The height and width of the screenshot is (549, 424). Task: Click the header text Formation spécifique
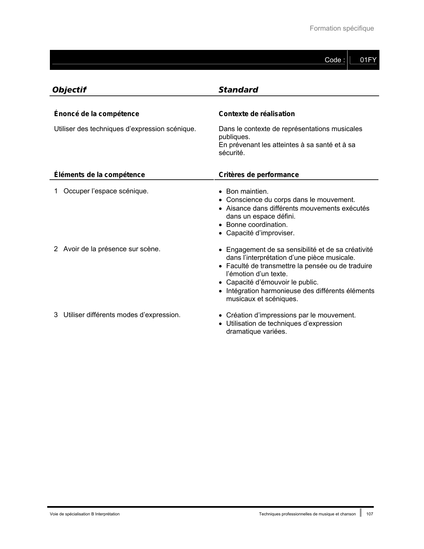point(342,28)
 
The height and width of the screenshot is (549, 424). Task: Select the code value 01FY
point(368,60)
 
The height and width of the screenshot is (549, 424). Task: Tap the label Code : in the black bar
point(335,60)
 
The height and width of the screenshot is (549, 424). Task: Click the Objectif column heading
point(69,90)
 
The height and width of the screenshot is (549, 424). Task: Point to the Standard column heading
point(238,90)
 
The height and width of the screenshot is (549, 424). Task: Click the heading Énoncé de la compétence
point(96,114)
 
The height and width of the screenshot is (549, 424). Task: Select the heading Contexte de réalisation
point(256,114)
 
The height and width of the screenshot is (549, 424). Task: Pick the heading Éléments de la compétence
point(99,175)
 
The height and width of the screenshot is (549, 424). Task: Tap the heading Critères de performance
point(258,175)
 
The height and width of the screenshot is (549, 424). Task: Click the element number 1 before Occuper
point(56,191)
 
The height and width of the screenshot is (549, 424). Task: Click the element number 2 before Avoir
point(56,249)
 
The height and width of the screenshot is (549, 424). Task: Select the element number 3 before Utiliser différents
point(56,315)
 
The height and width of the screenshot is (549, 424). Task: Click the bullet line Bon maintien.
point(247,191)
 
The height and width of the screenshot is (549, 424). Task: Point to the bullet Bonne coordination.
point(257,225)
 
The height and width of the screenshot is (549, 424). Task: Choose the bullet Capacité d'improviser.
point(260,233)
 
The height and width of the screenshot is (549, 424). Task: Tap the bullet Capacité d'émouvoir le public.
point(272,282)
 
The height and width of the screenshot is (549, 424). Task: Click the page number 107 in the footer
point(370,514)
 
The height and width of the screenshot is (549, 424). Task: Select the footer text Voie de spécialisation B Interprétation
point(85,514)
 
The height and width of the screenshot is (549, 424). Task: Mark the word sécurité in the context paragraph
point(231,153)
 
